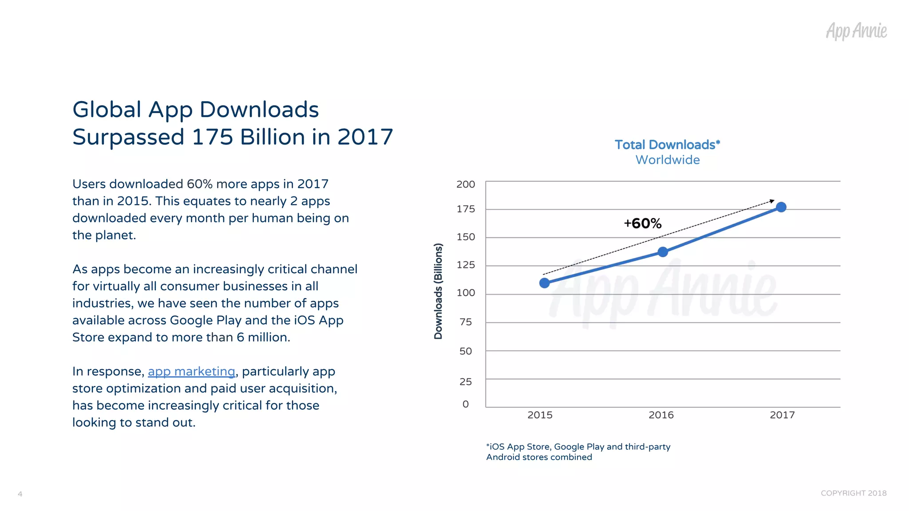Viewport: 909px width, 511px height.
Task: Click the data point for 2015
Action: [544, 283]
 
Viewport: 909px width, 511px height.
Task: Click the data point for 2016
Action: [663, 252]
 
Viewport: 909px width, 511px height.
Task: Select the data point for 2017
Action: [781, 207]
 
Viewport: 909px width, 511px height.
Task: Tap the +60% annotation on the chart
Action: [642, 223]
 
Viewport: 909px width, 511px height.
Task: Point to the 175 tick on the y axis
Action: [466, 209]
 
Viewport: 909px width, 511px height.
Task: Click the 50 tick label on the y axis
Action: [466, 351]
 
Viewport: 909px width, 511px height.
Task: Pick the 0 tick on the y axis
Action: [466, 404]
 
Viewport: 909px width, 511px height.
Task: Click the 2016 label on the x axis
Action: [661, 415]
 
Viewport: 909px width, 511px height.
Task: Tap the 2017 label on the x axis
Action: [782, 415]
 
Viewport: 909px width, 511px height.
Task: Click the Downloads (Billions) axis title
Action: [439, 291]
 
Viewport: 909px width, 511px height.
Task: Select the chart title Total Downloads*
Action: [667, 145]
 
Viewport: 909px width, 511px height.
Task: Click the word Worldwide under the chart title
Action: [668, 160]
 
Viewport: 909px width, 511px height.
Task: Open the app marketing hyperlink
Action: [191, 371]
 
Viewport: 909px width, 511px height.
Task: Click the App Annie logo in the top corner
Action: [856, 31]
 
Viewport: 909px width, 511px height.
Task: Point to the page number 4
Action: [20, 494]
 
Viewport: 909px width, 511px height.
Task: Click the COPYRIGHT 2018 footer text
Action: [853, 493]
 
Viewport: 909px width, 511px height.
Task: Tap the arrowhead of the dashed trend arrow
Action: [772, 201]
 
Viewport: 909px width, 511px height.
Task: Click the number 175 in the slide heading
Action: [212, 137]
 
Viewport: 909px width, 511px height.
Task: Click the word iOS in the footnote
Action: [497, 447]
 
